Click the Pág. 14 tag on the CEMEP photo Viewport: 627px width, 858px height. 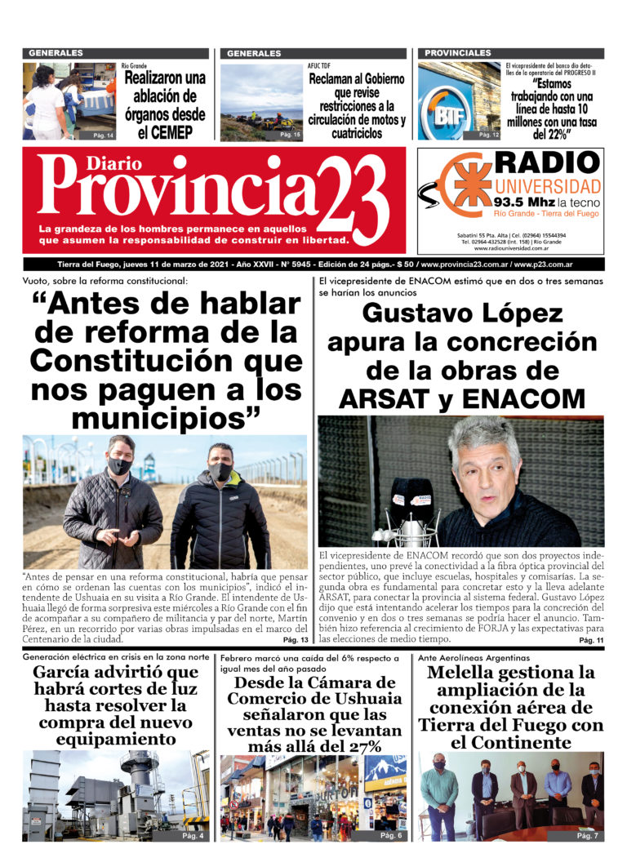pos(103,135)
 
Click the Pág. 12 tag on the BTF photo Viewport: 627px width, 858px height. pos(488,135)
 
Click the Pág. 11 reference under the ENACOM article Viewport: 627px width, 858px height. pos(589,642)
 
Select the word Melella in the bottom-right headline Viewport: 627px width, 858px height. pos(466,674)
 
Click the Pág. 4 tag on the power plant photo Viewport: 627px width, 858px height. pos(193,837)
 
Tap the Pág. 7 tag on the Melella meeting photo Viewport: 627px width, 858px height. pos(587,837)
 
